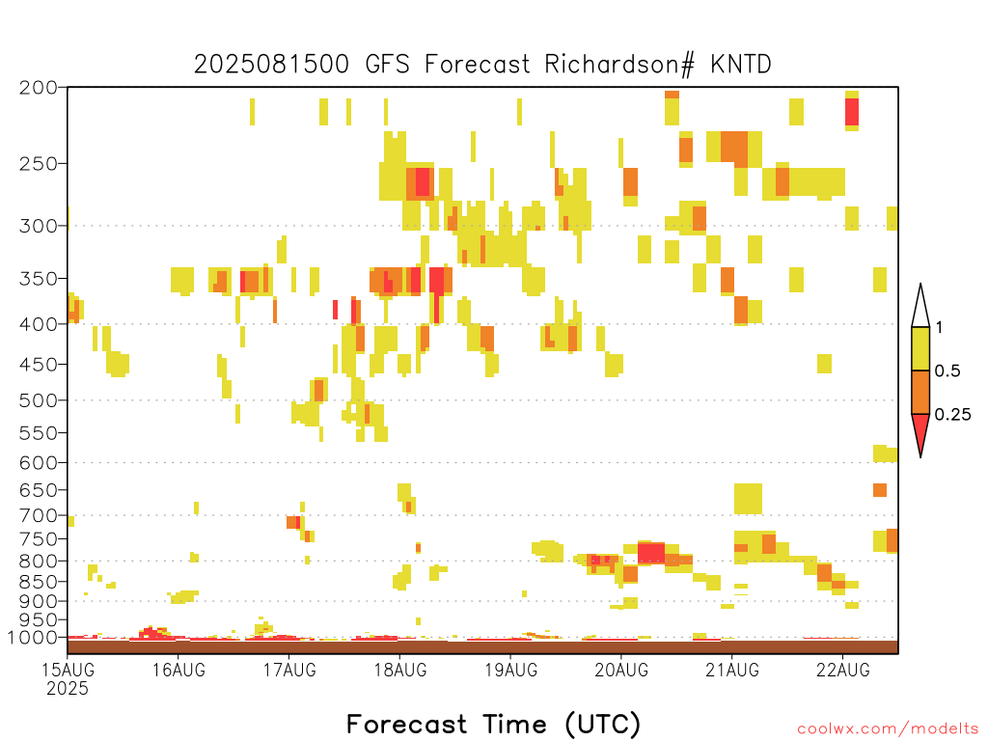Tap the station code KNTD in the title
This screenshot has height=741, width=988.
pyautogui.click(x=740, y=65)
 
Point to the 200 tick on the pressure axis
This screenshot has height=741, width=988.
pyautogui.click(x=38, y=88)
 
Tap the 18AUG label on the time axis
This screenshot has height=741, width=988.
pyautogui.click(x=400, y=670)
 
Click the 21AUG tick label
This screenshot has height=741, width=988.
pyautogui.click(x=732, y=670)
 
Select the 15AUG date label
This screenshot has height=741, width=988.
pyautogui.click(x=69, y=670)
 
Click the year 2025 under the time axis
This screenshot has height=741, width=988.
pyautogui.click(x=68, y=689)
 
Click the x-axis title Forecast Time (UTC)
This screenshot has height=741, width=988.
pyautogui.click(x=493, y=725)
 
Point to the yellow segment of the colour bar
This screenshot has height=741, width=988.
pyautogui.click(x=920, y=348)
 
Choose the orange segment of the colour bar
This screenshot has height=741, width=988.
pyautogui.click(x=920, y=392)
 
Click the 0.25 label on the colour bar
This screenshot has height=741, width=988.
pyautogui.click(x=952, y=415)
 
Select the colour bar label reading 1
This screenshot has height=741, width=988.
pyautogui.click(x=939, y=328)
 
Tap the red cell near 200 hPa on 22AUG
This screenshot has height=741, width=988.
pyautogui.click(x=852, y=112)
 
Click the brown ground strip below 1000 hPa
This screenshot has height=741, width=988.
pyautogui.click(x=482, y=647)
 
